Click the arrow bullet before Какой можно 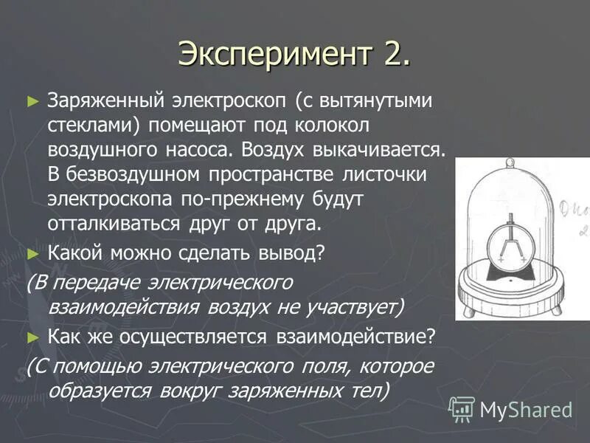32,253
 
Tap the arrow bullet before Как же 32,337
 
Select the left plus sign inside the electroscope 502,261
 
